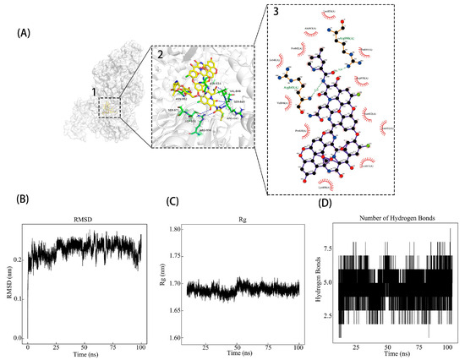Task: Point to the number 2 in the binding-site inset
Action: tap(157, 52)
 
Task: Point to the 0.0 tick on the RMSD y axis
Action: tap(17, 338)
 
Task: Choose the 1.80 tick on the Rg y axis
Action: tap(170, 230)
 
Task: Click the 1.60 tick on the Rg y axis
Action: tap(170, 338)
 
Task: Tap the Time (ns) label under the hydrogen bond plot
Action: tap(395, 357)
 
